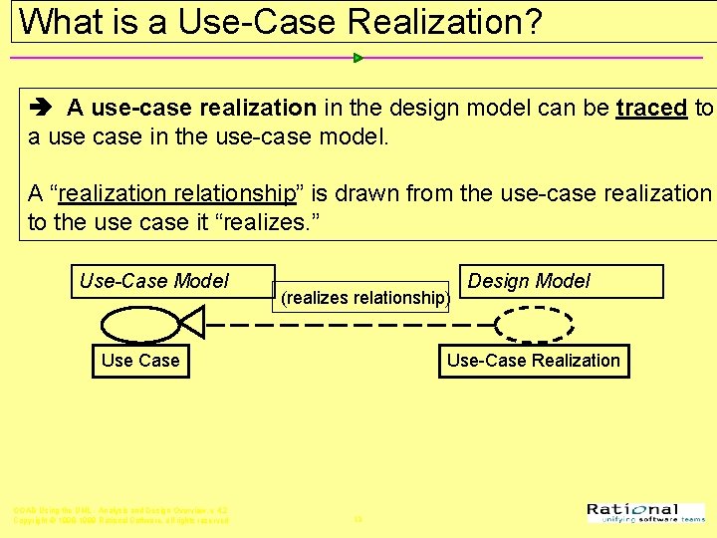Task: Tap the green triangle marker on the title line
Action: pos(358,58)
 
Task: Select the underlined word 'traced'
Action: pos(651,109)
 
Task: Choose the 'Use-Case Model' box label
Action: pos(154,281)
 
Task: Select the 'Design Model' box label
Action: pos(529,281)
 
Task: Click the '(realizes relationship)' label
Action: pos(365,297)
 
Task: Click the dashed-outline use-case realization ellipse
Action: pos(534,324)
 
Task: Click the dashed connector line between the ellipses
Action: pos(349,324)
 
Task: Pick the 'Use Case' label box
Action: pos(140,361)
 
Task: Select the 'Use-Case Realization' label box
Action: pos(533,361)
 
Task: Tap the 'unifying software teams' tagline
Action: pos(652,520)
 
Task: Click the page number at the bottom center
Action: pos(358,519)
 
